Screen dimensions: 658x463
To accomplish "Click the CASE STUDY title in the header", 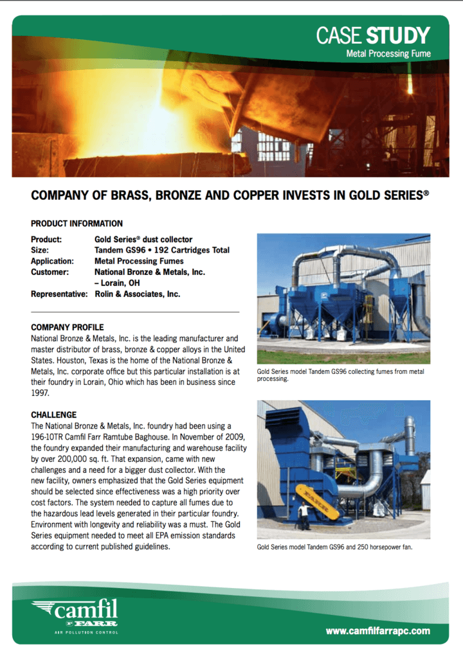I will (373, 35).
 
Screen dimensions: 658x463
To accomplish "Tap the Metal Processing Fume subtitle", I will (388, 53).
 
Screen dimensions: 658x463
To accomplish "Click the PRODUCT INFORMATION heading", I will (77, 224).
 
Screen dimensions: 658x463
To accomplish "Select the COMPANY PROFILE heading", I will (67, 327).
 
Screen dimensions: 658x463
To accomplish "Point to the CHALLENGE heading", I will (53, 414).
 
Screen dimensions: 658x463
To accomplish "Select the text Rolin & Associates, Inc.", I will (137, 294).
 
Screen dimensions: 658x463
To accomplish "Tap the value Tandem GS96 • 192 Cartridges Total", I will (161, 250).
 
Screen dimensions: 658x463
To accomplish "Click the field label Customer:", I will (50, 272).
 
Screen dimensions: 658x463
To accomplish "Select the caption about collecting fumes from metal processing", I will (341, 375).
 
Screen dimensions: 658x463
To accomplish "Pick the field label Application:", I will (52, 261).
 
